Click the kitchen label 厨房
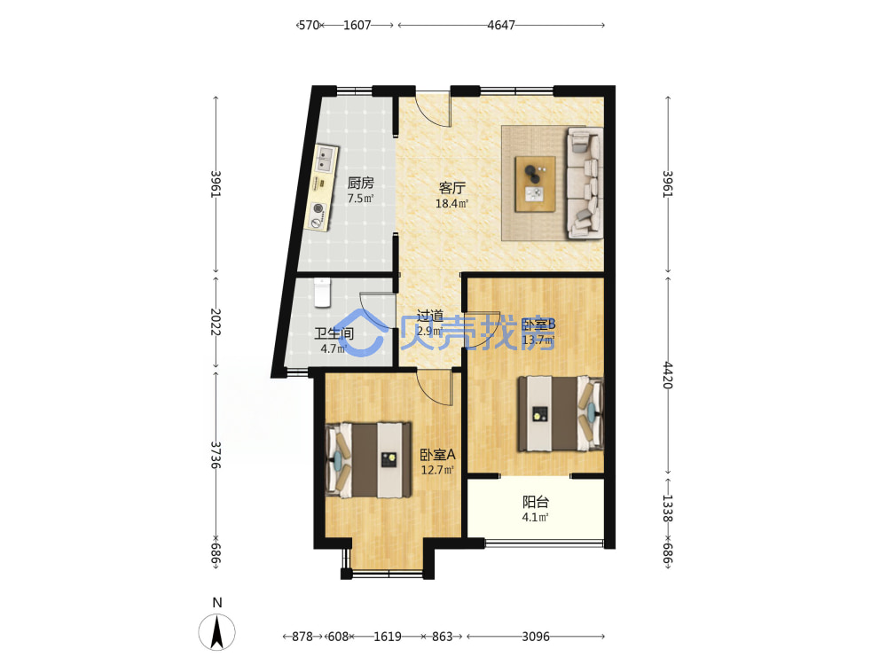click(360, 183)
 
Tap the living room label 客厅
click(452, 188)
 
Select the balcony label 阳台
click(535, 502)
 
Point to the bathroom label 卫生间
click(334, 333)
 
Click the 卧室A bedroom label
click(437, 455)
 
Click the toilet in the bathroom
click(322, 292)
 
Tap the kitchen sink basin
click(325, 159)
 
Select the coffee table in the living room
click(535, 185)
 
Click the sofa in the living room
click(585, 183)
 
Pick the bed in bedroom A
click(368, 459)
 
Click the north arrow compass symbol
click(216, 631)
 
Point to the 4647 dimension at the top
click(501, 25)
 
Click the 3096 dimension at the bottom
click(535, 637)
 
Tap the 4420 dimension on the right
click(668, 375)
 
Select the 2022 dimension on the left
click(216, 322)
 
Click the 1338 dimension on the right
click(668, 508)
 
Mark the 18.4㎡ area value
click(452, 204)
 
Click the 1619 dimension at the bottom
click(388, 637)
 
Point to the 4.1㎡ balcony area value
click(535, 517)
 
